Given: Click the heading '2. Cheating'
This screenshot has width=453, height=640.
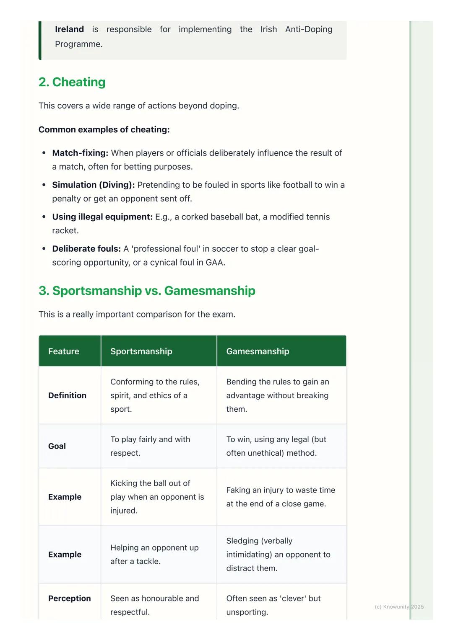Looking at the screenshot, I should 72,82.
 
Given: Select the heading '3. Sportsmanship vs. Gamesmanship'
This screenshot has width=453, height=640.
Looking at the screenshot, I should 147,291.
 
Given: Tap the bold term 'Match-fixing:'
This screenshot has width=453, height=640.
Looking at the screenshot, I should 80,153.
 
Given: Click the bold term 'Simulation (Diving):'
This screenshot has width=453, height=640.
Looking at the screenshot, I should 94,185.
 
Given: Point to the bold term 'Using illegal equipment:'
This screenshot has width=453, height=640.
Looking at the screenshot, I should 102,217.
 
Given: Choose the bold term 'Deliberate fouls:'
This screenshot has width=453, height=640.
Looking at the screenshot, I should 86,249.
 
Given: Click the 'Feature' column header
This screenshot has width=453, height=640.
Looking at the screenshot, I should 64,351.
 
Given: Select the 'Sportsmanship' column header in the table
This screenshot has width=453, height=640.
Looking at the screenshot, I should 141,351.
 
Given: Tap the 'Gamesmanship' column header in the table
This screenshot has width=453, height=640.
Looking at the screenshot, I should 258,351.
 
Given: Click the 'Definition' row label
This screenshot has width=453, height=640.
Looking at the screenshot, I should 67,395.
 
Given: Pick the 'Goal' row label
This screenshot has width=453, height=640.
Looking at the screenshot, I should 57,446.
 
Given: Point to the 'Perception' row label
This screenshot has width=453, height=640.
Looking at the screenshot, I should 69,599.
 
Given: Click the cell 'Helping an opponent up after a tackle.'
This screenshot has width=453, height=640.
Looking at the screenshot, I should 154,555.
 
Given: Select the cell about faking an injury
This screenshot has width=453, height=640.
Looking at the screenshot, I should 281,497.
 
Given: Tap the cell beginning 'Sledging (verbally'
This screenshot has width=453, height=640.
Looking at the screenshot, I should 278,555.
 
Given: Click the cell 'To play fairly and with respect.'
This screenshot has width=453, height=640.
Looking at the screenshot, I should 150,446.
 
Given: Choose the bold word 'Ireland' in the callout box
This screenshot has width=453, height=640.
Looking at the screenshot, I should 69,29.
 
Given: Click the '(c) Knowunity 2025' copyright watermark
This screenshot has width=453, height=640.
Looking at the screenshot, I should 399,607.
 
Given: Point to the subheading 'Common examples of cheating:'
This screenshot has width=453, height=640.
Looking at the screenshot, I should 104,130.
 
